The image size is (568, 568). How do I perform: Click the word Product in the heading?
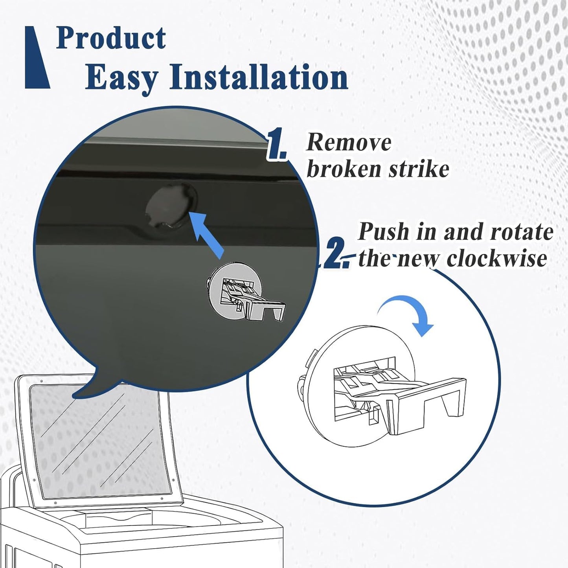[x=111, y=38]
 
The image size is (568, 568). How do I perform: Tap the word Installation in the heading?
[x=259, y=76]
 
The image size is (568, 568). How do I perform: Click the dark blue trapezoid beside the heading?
[x=37, y=57]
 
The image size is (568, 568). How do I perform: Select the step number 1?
[x=276, y=144]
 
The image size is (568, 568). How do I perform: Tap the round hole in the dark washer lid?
[x=171, y=206]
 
